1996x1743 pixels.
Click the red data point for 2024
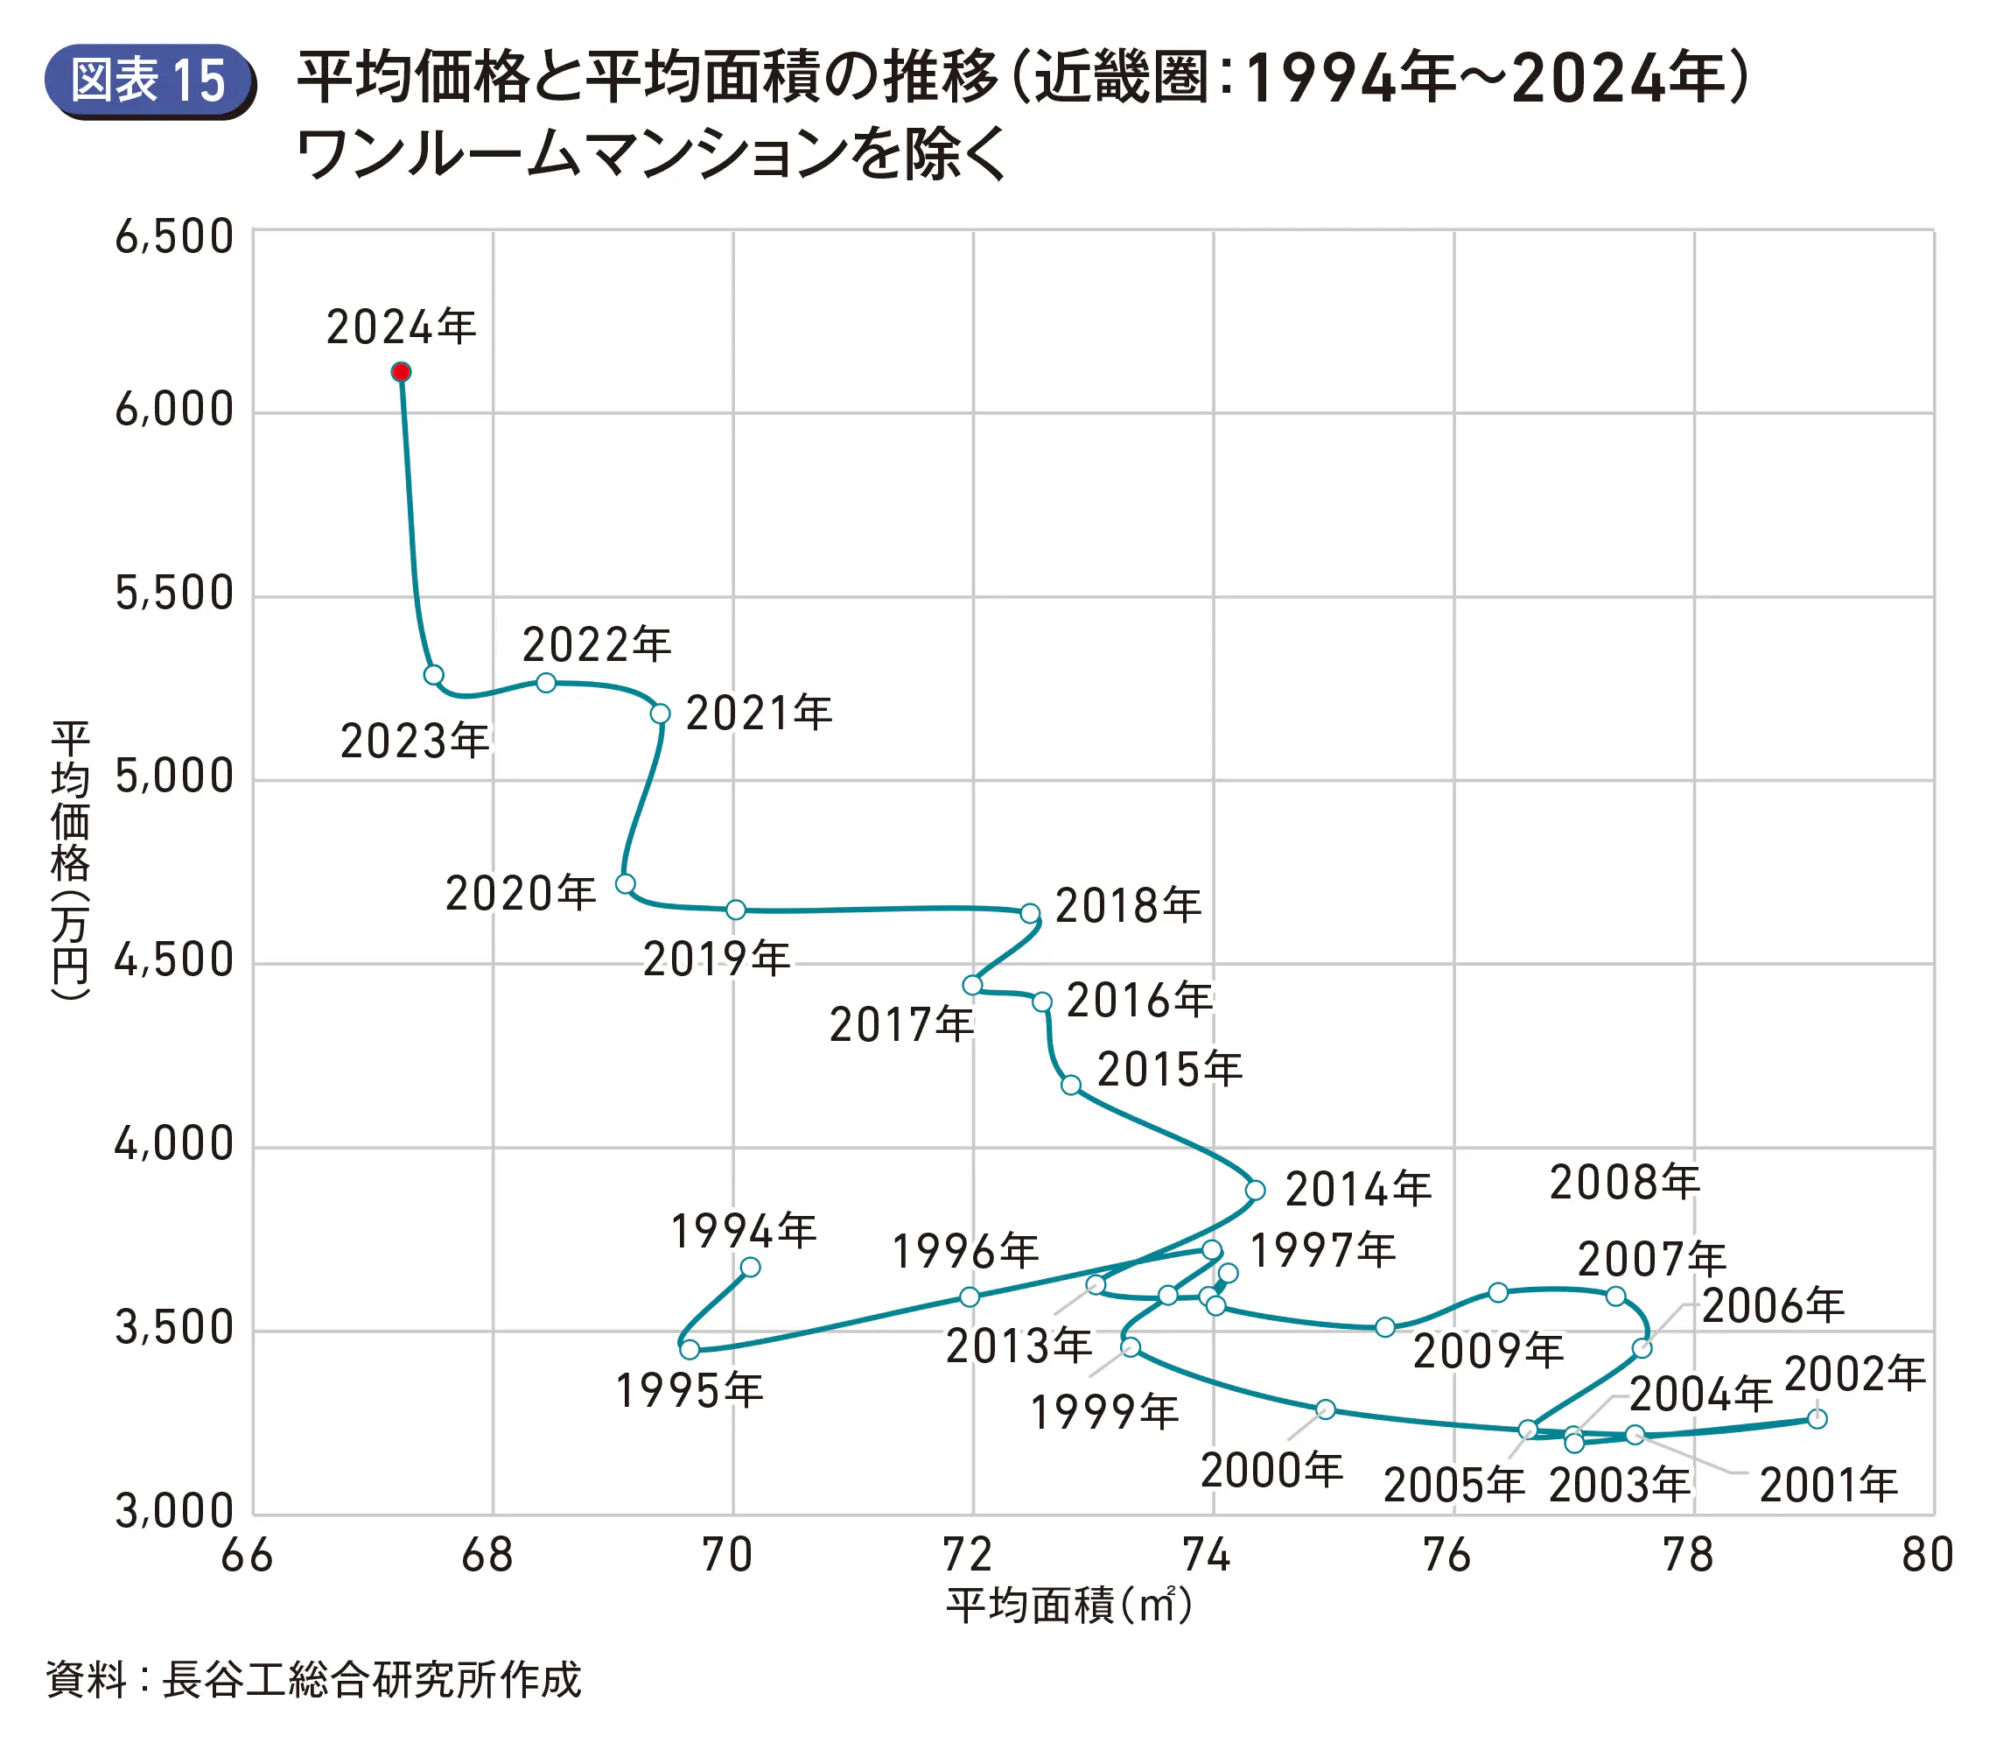401,371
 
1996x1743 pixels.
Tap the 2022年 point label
596,645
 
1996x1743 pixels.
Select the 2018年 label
1128,906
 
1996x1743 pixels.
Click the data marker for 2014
1255,1190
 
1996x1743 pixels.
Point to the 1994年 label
744,1232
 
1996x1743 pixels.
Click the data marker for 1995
690,1349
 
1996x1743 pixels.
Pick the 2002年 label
1855,1374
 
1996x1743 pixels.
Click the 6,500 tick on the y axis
175,236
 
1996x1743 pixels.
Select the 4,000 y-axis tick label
175,1144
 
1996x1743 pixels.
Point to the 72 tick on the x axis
969,1556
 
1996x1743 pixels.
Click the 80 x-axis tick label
1927,1556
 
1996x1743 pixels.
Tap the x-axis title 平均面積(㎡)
1068,1606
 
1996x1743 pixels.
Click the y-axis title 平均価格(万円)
71,860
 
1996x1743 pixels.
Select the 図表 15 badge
150,81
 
